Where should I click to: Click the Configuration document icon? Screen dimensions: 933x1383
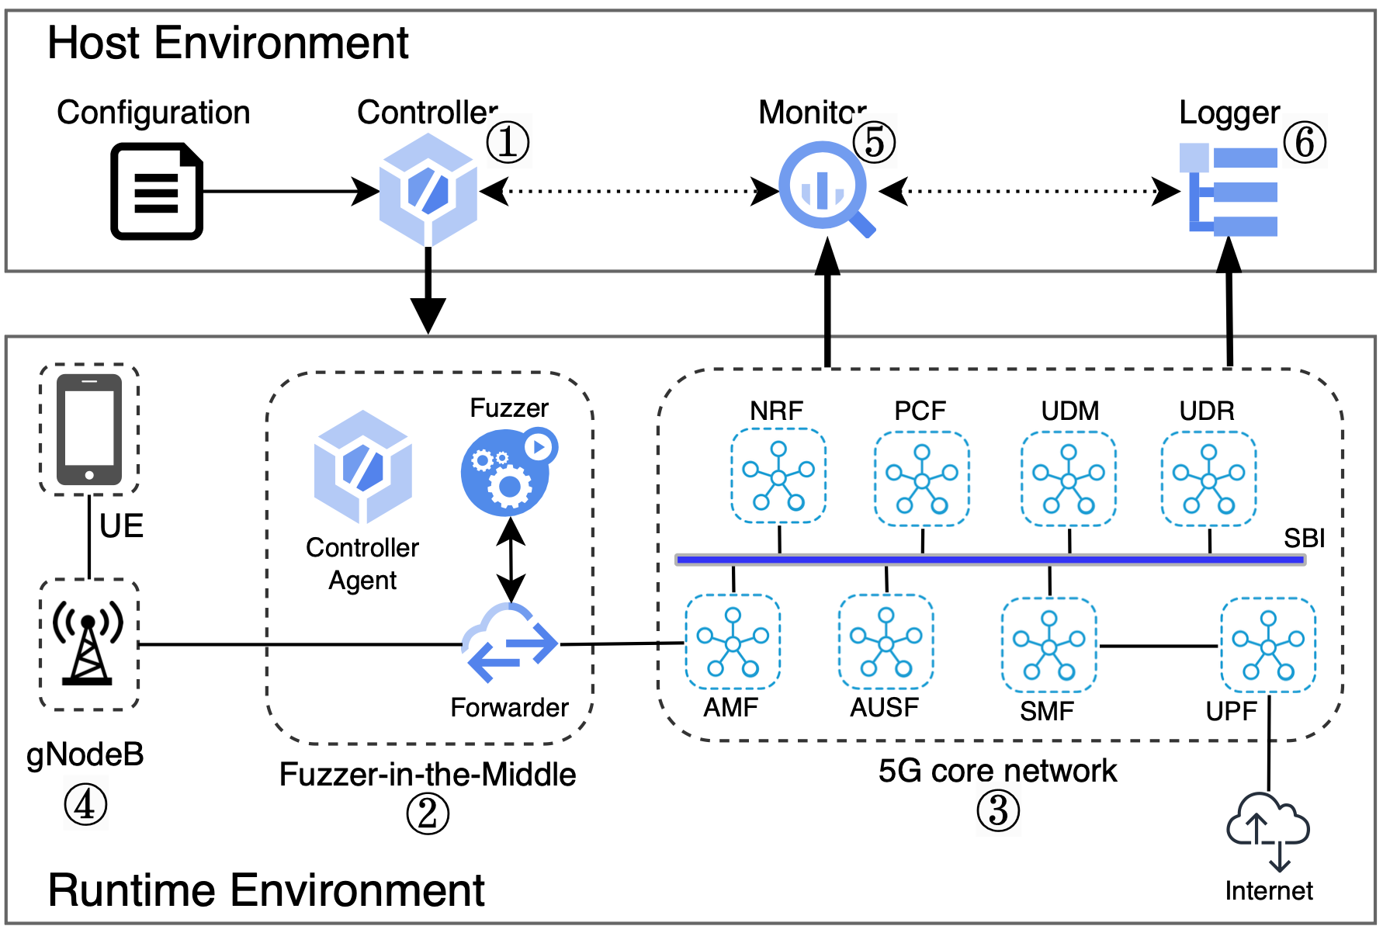157,191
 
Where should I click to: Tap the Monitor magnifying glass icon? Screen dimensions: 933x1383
824,187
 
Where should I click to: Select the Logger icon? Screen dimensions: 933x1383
1229,190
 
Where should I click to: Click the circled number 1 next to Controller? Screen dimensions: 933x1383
508,142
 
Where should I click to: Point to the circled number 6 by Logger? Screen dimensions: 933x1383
1304,142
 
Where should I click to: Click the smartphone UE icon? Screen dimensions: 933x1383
89,429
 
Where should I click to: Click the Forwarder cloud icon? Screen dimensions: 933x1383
509,643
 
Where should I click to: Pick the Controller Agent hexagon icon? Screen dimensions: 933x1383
362,467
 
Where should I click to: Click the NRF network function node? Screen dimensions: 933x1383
778,476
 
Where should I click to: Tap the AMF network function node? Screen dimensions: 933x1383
733,642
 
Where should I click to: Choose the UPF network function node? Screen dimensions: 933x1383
1267,645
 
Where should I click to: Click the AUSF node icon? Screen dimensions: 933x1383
886,642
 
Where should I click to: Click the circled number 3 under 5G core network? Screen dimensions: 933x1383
997,811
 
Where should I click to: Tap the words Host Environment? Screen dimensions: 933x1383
227,43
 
